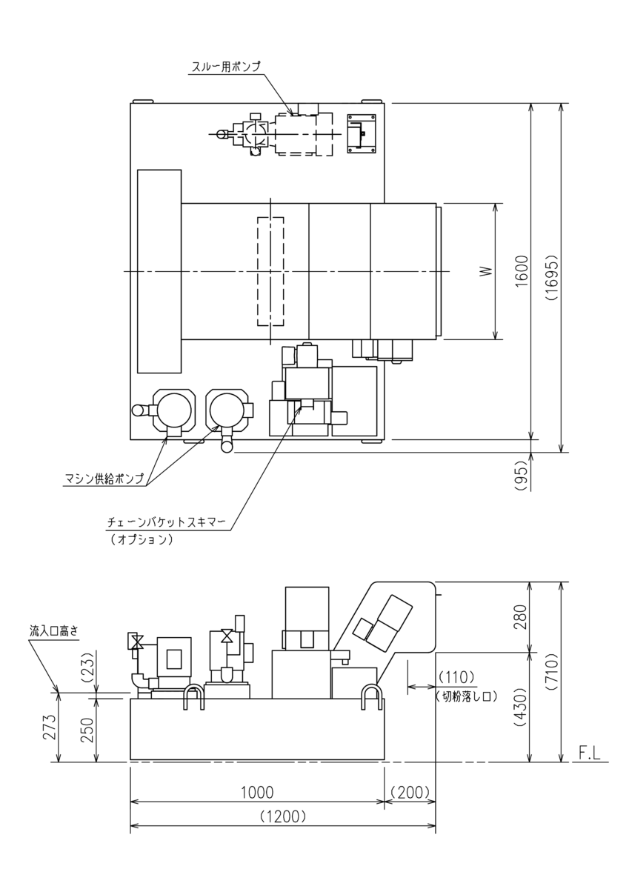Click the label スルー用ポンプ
(x=226, y=66)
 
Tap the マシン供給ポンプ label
(x=104, y=479)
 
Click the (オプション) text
(x=142, y=540)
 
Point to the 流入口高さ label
(x=53, y=630)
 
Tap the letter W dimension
(x=487, y=271)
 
